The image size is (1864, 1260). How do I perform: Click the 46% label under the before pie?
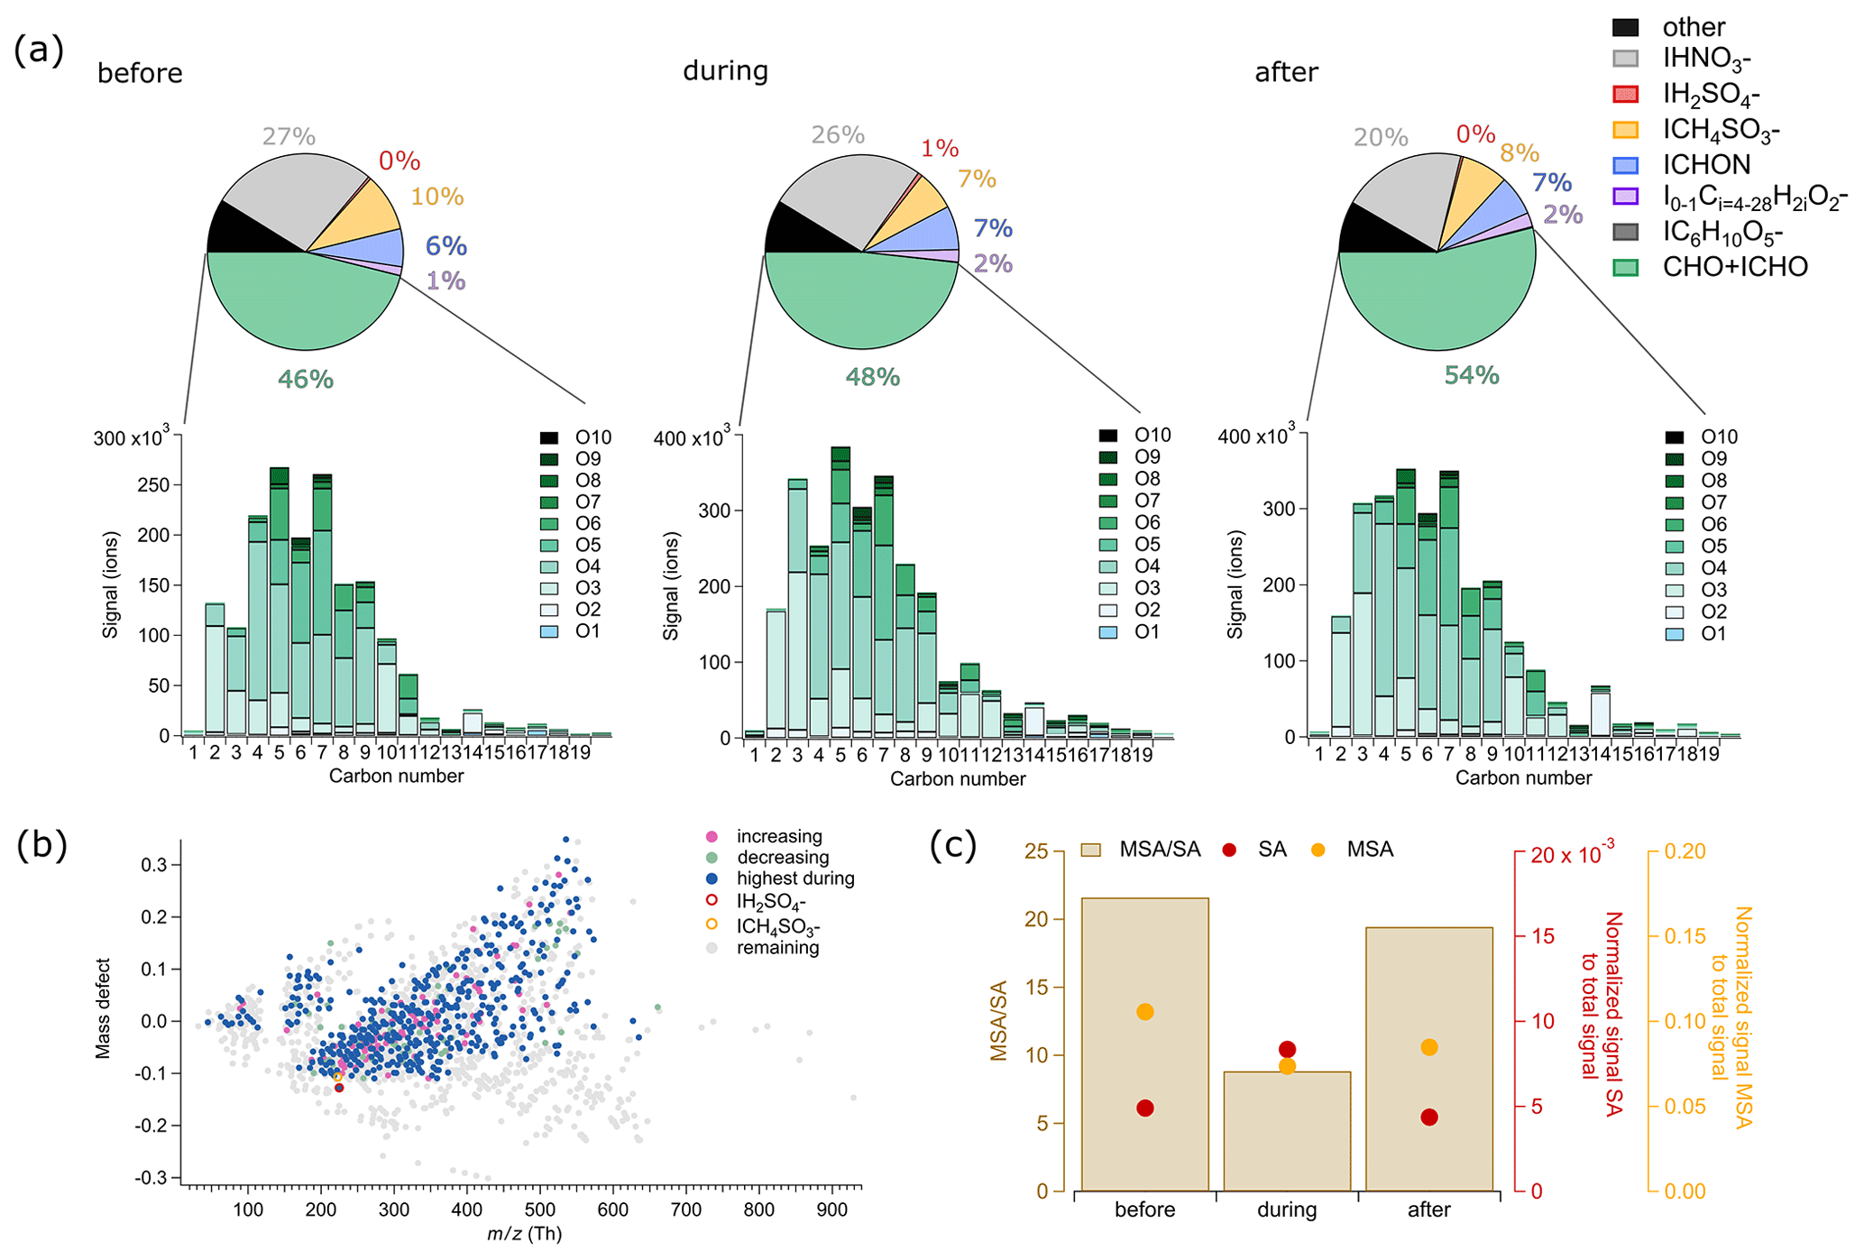tap(306, 380)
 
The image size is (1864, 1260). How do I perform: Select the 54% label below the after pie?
tap(1472, 375)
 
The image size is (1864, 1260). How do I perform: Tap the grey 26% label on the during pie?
tap(838, 135)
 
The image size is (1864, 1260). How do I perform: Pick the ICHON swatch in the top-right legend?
tap(1626, 165)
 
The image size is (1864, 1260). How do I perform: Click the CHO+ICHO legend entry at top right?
tap(1734, 267)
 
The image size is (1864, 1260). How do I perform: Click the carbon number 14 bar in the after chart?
tap(1601, 713)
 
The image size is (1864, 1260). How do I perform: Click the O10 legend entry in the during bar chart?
tap(1152, 436)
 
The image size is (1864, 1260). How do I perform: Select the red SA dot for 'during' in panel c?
tap(1287, 1049)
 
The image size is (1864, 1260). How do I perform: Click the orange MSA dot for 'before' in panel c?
tap(1145, 1012)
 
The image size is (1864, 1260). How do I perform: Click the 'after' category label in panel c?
tap(1428, 1209)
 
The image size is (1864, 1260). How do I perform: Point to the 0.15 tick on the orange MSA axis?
tap(1685, 936)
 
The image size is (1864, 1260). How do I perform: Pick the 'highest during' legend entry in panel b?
tap(794, 878)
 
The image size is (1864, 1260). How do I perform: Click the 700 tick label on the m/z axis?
tap(686, 1209)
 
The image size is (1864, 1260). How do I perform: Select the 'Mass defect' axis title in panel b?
tap(104, 1008)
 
